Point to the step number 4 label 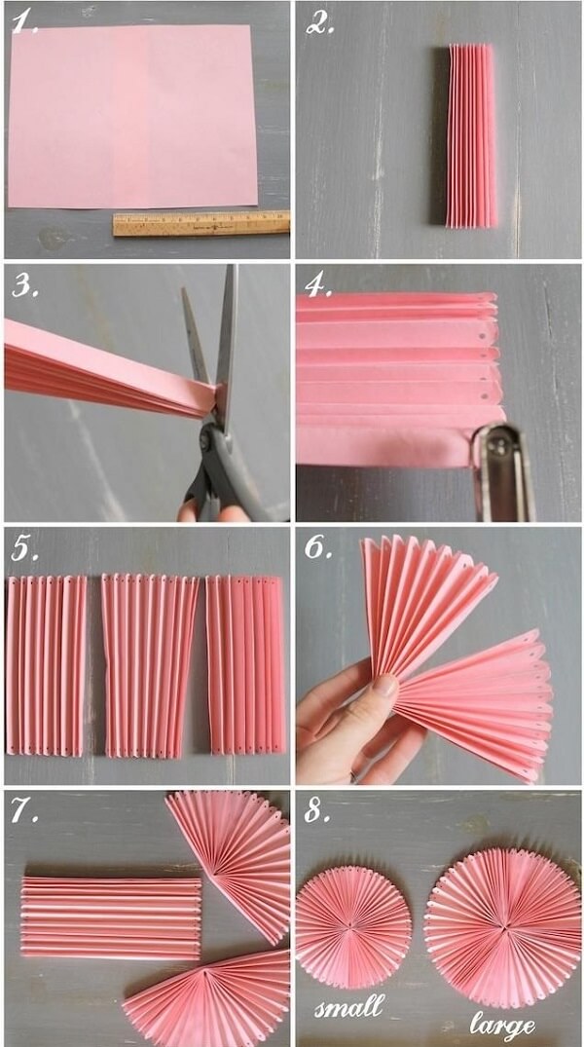[319, 284]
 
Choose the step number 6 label [319, 546]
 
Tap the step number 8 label [319, 810]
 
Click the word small [349, 1006]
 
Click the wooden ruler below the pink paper [201, 224]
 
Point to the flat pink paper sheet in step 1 [132, 116]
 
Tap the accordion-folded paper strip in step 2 [472, 135]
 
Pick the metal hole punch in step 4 [503, 470]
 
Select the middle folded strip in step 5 [150, 666]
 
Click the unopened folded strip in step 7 [111, 918]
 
